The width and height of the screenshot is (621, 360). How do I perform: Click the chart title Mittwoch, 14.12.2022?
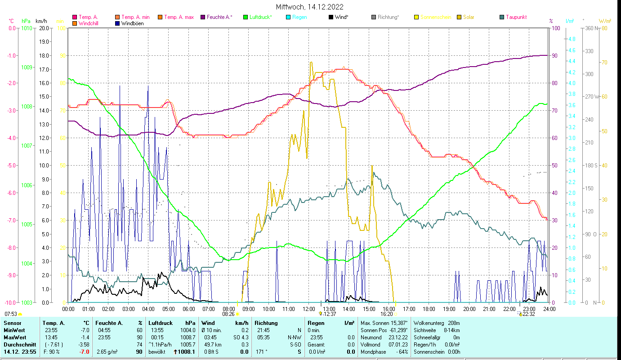point(310,7)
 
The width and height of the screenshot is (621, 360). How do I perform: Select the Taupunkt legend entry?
point(516,17)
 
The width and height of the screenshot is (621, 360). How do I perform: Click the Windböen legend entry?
point(132,23)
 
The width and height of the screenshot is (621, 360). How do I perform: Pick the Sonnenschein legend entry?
point(435,17)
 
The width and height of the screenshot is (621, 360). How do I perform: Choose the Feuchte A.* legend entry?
point(219,17)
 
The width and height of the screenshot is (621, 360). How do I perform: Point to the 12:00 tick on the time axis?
point(309,309)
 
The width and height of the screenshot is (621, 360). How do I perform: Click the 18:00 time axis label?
point(429,309)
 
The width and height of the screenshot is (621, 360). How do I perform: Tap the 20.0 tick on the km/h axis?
point(44,28)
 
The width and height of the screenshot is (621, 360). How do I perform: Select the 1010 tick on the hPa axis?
point(27,28)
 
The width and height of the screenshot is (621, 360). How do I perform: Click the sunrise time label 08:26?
point(228,314)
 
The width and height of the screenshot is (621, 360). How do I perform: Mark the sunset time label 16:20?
point(387,314)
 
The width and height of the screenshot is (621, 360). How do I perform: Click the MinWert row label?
point(14,330)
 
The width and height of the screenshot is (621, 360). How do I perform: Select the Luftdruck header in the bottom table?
point(161,323)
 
